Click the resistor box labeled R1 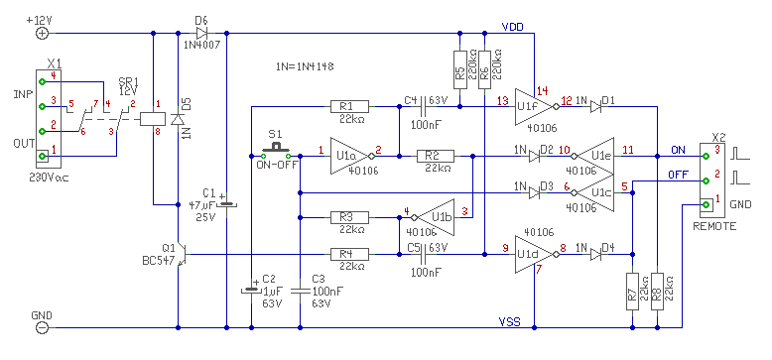[x=349, y=106]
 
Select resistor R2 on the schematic [x=436, y=157]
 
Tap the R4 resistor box [x=349, y=254]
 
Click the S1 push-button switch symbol [x=275, y=150]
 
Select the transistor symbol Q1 [x=182, y=255]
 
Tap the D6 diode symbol [x=201, y=34]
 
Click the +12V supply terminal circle [x=43, y=34]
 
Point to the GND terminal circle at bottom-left [x=43, y=327]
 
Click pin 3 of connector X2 [x=706, y=156]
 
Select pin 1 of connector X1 [x=43, y=156]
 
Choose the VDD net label [x=513, y=26]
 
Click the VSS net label [x=510, y=322]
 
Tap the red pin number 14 [x=543, y=90]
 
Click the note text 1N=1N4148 [x=306, y=66]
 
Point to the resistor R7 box [x=632, y=292]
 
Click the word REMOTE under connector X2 [x=714, y=226]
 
